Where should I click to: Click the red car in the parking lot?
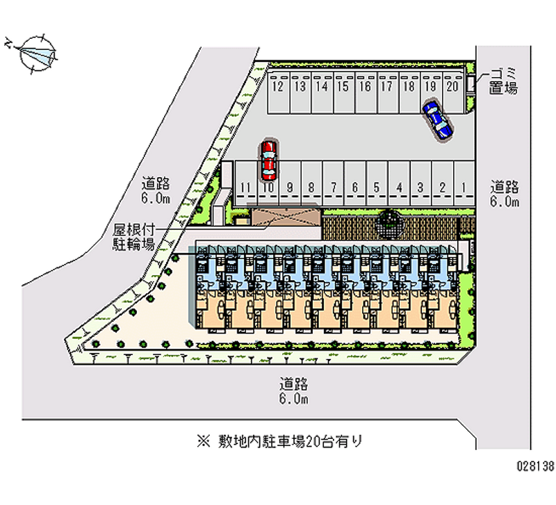(x=268, y=160)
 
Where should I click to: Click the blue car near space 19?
(x=437, y=119)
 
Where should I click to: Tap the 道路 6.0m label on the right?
(x=505, y=194)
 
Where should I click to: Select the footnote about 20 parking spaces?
(x=279, y=440)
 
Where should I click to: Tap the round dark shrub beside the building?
(x=389, y=222)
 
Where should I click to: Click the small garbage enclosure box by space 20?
(x=471, y=83)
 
